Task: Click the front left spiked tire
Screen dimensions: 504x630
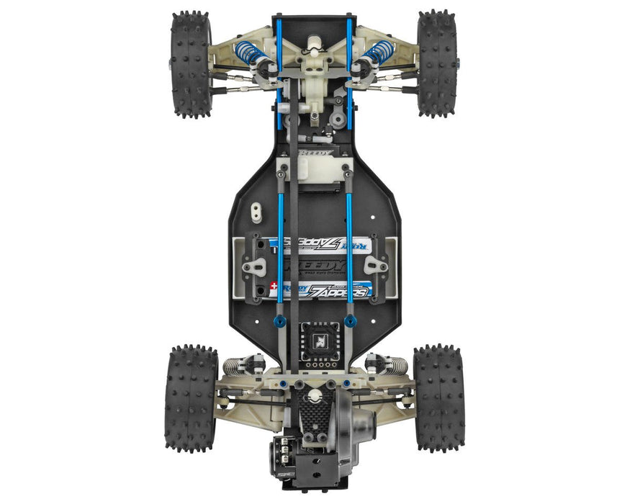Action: click(189, 63)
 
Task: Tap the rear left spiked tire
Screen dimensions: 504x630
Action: click(191, 398)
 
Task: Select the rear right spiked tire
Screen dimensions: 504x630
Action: click(438, 398)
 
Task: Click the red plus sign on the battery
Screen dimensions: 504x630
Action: click(273, 286)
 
